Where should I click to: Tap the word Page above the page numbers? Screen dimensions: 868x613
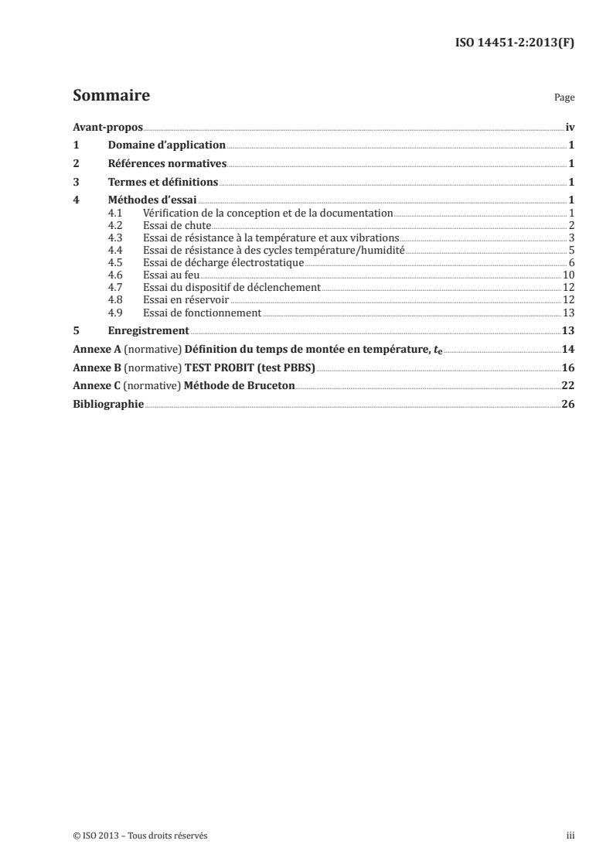(x=564, y=99)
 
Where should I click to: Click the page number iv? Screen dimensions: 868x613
(x=570, y=126)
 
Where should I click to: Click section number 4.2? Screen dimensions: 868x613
(x=116, y=224)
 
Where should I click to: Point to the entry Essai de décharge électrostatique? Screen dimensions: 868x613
(x=223, y=263)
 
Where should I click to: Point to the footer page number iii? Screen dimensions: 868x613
(x=570, y=836)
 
